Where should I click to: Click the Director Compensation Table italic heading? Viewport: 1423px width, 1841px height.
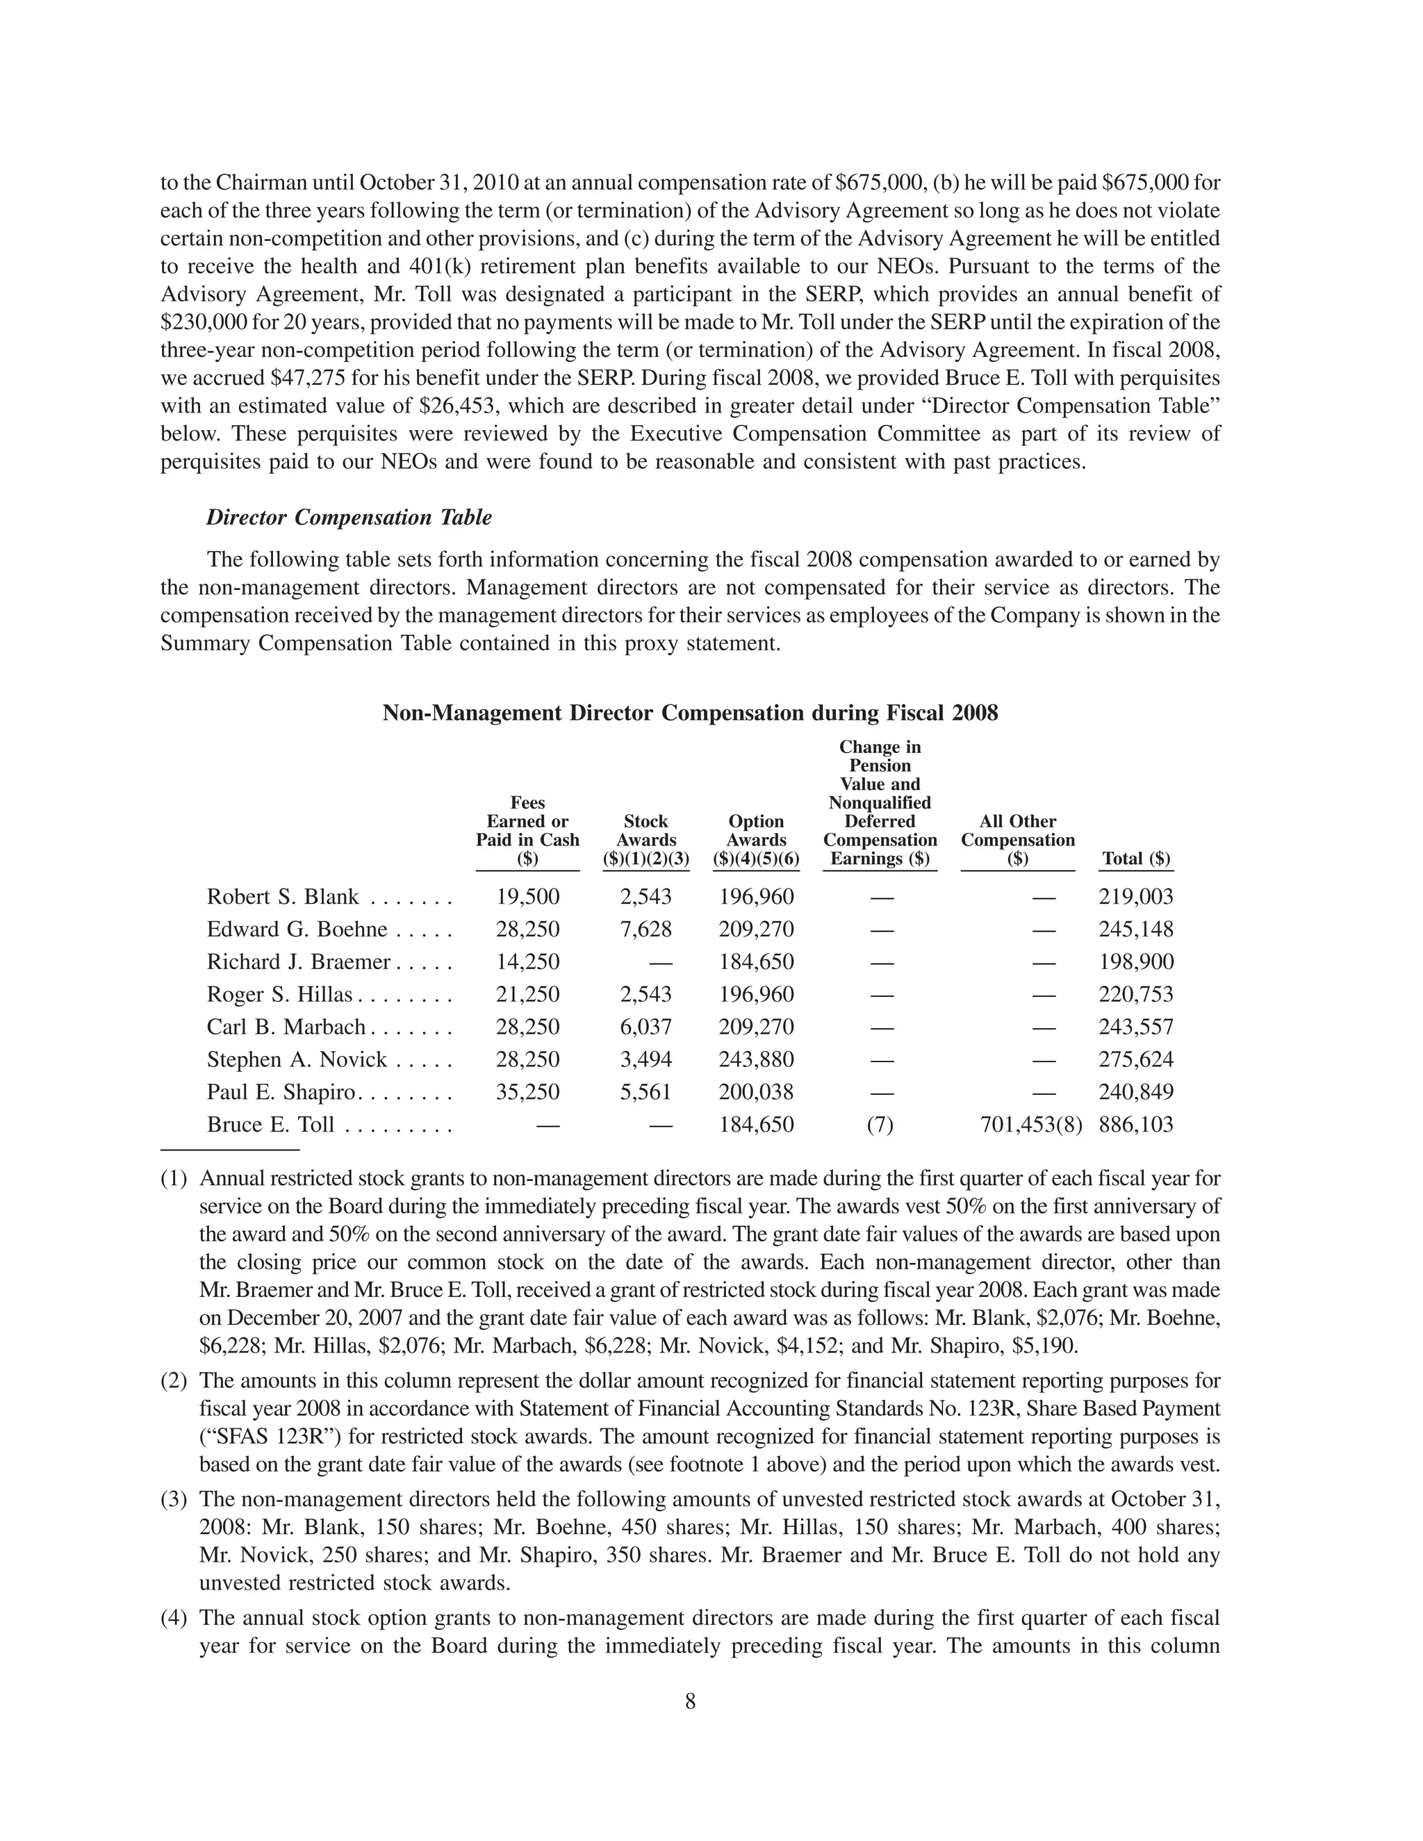pos(349,518)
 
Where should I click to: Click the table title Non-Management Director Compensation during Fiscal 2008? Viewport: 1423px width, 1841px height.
pos(689,713)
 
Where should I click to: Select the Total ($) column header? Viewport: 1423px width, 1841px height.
pos(1135,859)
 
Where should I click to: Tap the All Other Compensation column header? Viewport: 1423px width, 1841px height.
pos(1017,840)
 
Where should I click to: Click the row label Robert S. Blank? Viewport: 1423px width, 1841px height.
pos(283,897)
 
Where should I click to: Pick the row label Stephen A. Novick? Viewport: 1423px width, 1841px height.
pos(297,1059)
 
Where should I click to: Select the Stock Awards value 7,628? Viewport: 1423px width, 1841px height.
pos(645,930)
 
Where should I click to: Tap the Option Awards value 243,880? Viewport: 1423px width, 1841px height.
pos(756,1059)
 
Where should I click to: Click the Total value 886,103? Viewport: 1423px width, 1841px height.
pos(1135,1125)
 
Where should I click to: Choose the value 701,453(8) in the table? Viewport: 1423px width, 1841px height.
pos(1030,1125)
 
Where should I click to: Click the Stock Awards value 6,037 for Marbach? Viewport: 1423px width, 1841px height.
pos(645,1027)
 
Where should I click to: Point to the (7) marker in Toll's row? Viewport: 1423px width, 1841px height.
pos(879,1125)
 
